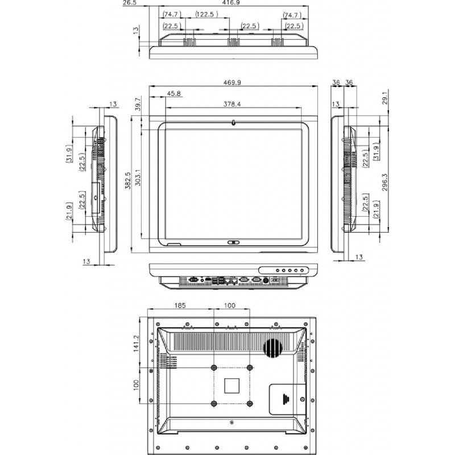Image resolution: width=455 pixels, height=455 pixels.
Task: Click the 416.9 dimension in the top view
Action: (231, 3)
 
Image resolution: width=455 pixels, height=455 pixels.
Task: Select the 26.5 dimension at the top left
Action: (130, 3)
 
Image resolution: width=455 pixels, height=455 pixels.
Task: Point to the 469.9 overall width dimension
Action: (232, 82)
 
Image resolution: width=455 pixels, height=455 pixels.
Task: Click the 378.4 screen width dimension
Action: (231, 105)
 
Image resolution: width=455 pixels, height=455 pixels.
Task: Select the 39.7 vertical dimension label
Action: (137, 104)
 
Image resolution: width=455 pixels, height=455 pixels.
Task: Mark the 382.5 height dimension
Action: (128, 181)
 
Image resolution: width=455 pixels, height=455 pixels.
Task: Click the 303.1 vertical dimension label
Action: (137, 181)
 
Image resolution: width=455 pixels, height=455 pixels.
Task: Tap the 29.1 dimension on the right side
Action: (385, 98)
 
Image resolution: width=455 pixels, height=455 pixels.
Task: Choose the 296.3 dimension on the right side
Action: (385, 183)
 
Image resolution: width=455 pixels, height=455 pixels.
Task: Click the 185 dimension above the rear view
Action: (179, 306)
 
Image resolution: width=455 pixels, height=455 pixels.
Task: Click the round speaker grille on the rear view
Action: (274, 347)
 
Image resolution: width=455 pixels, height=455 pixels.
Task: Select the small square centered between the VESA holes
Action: (232, 385)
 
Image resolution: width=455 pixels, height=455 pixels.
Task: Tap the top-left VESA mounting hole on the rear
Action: (214, 367)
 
